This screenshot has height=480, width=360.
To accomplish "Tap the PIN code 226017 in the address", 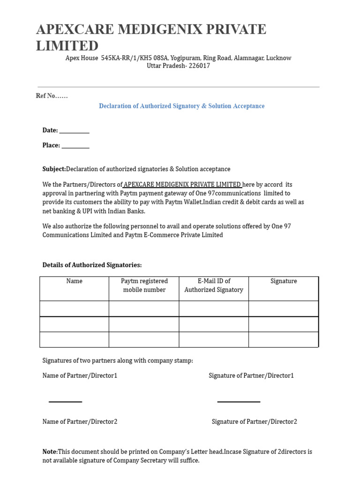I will click(199, 66).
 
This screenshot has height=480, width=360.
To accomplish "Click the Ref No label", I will click(52, 96).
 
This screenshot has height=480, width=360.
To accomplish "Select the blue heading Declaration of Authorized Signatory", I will click(181, 106).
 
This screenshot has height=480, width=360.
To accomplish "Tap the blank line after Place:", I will click(75, 146).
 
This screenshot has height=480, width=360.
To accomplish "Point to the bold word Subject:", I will click(54, 169).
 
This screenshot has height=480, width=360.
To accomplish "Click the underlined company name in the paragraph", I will click(182, 185).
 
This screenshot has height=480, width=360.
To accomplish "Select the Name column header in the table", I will click(74, 281).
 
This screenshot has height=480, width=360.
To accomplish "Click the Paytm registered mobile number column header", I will click(144, 285).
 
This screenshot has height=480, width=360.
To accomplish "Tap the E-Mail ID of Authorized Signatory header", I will click(214, 285).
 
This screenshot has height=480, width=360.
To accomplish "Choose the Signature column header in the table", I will click(284, 281).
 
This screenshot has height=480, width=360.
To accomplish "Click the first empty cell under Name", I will click(74, 308).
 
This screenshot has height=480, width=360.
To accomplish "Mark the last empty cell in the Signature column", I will click(284, 339).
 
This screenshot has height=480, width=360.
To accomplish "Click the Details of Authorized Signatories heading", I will click(92, 265).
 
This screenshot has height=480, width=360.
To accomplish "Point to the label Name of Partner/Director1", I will click(80, 376).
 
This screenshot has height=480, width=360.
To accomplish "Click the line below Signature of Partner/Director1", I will click(239, 401).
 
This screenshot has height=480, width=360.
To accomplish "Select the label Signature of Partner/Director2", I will click(254, 422).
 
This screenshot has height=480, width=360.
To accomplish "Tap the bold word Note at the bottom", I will click(49, 452).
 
